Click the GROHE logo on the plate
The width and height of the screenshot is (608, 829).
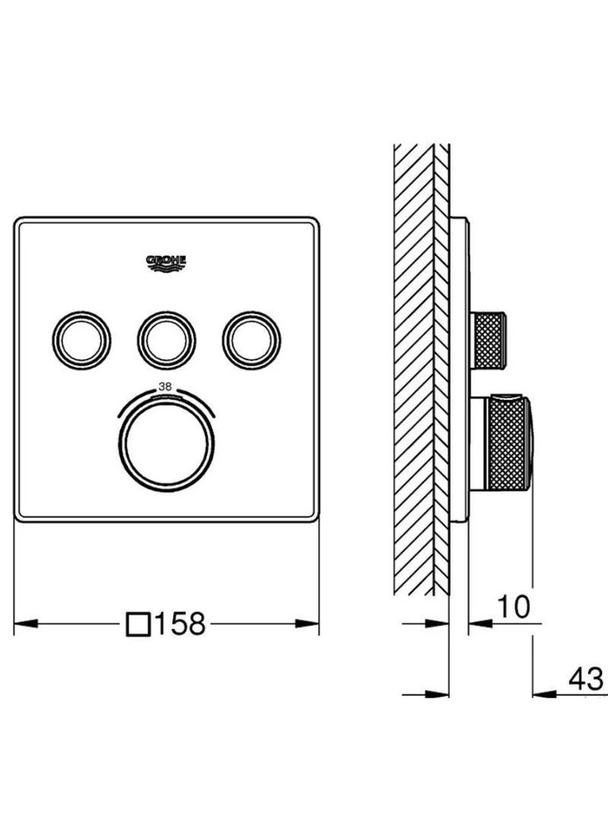click(x=166, y=263)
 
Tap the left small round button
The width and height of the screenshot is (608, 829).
click(x=81, y=340)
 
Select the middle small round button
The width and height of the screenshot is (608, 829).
click(x=166, y=340)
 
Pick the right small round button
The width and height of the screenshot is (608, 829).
click(x=252, y=340)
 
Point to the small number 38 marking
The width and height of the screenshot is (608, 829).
click(x=166, y=385)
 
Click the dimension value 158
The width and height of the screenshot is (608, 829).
click(x=180, y=623)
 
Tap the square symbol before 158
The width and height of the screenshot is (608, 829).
click(x=138, y=624)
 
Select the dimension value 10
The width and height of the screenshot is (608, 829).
click(x=513, y=606)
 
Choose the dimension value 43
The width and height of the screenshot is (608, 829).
click(x=586, y=679)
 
